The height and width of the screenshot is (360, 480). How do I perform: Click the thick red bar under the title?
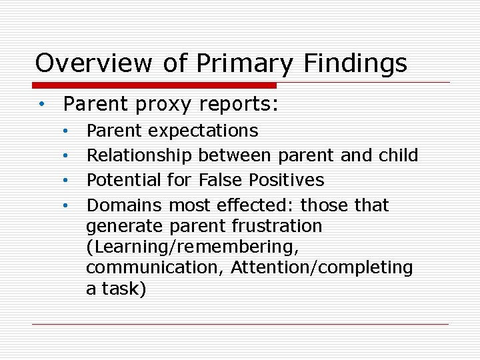155,85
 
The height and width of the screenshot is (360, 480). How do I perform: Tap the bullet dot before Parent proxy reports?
41,105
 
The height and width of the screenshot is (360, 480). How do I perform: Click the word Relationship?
139,155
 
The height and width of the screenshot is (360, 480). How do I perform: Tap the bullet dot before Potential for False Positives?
66,180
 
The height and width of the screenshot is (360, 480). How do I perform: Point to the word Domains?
125,205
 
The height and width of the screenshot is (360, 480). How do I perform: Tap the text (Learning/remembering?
192,247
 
